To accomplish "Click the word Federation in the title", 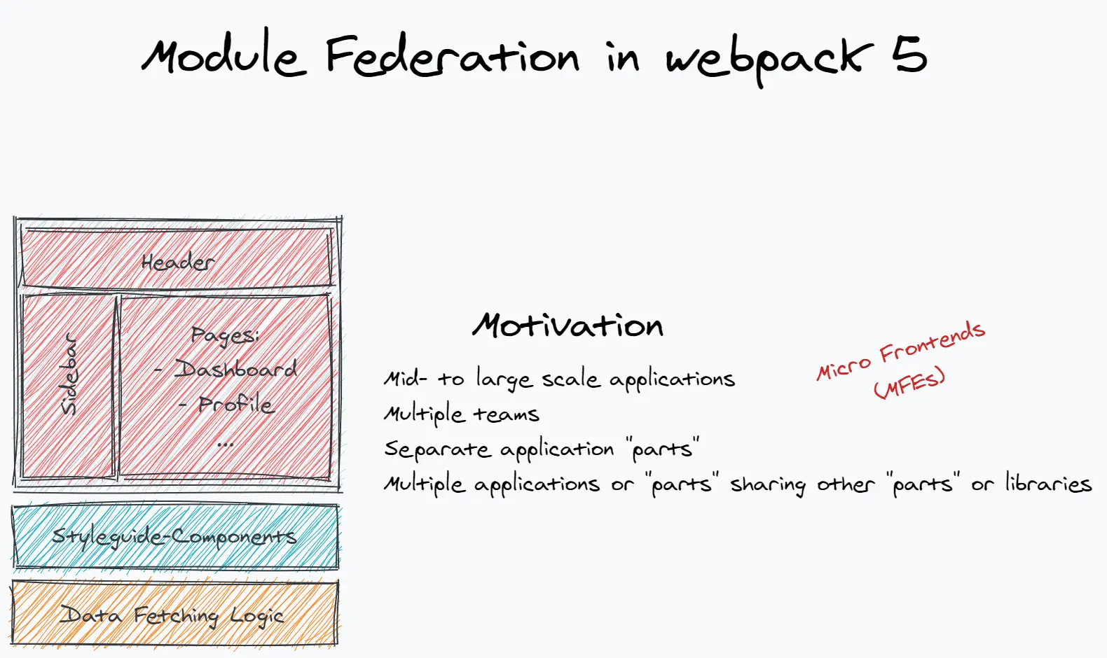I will tap(452, 56).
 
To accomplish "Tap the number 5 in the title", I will tap(909, 54).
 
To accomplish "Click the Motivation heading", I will tap(568, 325).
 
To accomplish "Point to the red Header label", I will tap(177, 262).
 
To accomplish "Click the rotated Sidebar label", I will tap(69, 375).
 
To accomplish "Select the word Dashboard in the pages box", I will tap(236, 369).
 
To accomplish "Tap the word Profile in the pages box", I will tap(236, 404).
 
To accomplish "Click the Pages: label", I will tap(225, 335).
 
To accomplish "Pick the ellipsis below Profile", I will tap(225, 444).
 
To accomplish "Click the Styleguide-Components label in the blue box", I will tap(174, 537).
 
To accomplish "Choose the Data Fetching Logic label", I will tap(172, 616).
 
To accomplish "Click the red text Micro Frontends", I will tap(901, 350).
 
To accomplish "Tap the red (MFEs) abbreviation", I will tap(909, 384).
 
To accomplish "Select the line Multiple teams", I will tap(462, 414).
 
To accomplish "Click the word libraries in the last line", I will tap(1048, 484).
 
